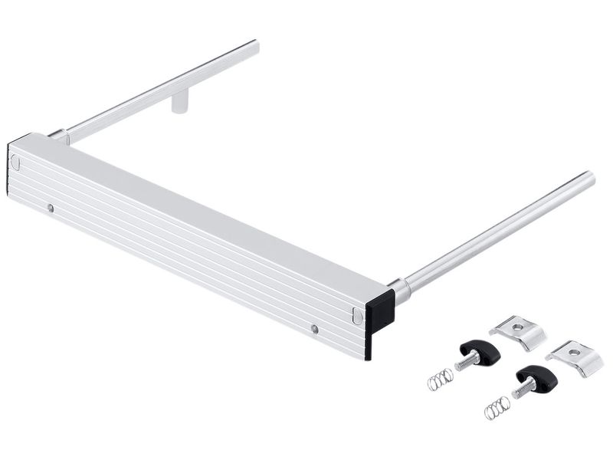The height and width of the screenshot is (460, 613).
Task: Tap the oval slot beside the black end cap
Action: [358, 315]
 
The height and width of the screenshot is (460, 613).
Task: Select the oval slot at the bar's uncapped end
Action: [15, 161]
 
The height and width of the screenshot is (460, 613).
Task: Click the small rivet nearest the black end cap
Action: [315, 329]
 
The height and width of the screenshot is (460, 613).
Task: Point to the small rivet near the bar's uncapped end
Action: [50, 207]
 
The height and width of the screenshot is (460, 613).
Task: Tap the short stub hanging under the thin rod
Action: [179, 103]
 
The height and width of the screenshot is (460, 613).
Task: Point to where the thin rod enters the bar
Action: [60, 136]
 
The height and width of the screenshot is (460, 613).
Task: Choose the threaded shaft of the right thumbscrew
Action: [520, 389]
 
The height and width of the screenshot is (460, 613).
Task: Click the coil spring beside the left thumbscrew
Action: [440, 378]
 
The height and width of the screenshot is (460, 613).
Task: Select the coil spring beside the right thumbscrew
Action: [497, 408]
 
